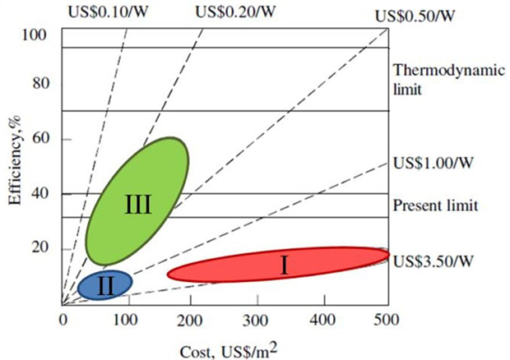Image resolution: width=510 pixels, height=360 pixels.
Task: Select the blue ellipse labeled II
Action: (x=104, y=284)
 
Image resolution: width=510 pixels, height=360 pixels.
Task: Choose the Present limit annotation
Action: (x=437, y=205)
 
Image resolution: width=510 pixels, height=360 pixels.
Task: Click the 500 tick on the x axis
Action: (x=387, y=319)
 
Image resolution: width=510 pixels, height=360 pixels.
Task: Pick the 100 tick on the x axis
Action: (x=127, y=319)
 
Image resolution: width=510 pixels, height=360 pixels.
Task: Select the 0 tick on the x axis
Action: (x=63, y=319)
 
